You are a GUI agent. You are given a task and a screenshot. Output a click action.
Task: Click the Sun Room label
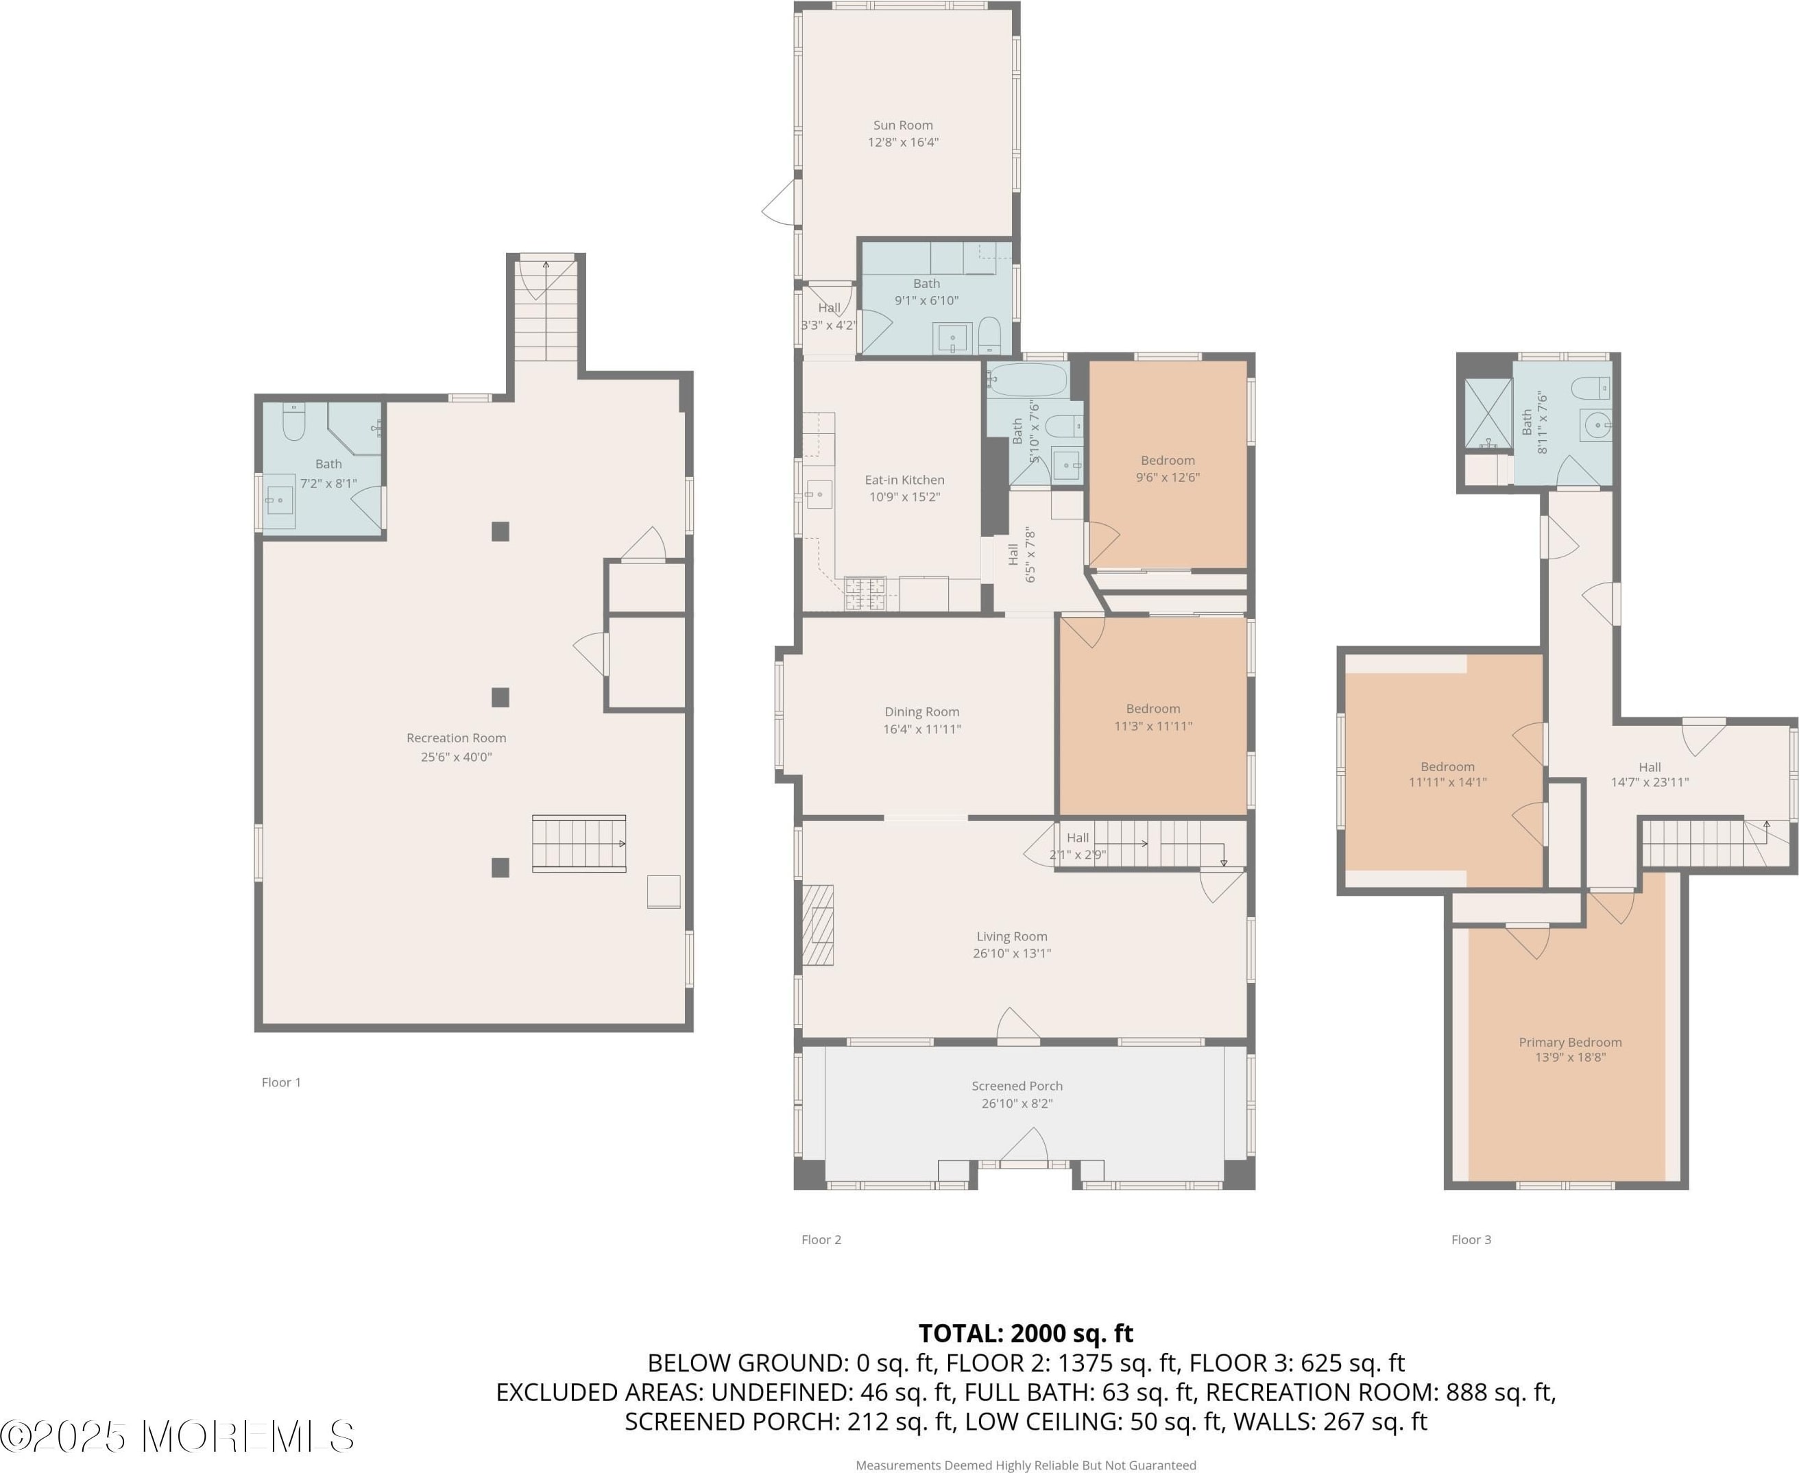[x=903, y=125]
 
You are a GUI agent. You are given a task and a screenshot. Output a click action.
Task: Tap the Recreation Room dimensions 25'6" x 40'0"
[x=457, y=757]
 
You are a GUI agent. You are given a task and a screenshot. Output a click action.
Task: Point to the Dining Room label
[x=921, y=712]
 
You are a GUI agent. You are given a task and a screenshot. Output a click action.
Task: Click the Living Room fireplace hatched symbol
[x=818, y=925]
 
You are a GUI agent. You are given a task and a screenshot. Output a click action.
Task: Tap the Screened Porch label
[x=1017, y=1086]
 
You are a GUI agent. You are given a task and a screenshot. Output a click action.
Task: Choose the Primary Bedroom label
[x=1570, y=1042]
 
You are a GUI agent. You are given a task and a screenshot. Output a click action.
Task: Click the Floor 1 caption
[x=281, y=1082]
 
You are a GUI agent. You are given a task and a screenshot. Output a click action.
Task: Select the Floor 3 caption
[x=1471, y=1240]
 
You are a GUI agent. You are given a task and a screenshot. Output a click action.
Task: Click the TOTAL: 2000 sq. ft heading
[x=1026, y=1333]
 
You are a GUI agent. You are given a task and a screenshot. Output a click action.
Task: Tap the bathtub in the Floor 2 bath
[x=1028, y=379]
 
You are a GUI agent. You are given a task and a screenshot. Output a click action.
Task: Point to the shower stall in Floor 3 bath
[x=1488, y=413]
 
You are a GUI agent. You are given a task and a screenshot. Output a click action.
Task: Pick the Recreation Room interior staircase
[x=579, y=843]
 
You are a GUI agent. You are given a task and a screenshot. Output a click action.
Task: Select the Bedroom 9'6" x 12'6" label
[x=1168, y=468]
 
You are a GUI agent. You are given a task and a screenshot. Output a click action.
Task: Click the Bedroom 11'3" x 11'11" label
[x=1152, y=717]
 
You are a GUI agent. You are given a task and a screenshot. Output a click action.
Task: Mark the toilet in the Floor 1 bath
[x=293, y=422]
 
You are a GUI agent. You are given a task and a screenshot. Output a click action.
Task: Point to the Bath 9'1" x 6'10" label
[x=927, y=292]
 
